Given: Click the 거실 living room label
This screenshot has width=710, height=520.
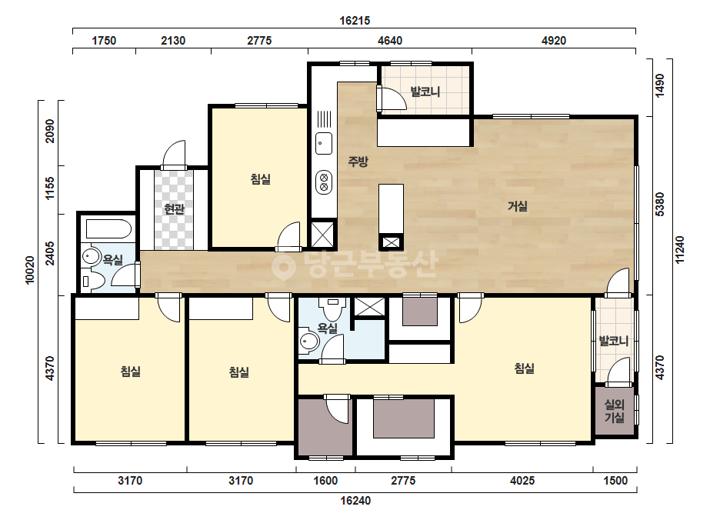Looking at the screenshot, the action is (518, 207).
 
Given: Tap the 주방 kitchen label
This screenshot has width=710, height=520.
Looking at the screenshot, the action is (358, 162).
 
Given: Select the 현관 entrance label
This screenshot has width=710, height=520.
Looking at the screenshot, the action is (175, 208).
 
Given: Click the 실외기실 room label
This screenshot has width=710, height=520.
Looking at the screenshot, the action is (615, 411).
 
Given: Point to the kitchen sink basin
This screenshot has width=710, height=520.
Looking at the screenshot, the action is (324, 143).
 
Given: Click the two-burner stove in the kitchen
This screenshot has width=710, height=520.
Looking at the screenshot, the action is (324, 182).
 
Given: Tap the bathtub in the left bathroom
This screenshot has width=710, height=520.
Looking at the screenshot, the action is (108, 229).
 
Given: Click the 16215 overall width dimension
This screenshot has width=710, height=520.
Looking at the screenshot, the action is (355, 20).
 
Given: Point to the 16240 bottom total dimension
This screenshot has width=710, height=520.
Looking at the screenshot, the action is (355, 501).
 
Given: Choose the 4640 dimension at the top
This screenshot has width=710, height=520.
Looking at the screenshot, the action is (390, 41).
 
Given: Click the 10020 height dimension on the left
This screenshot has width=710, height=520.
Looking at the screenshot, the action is (30, 271).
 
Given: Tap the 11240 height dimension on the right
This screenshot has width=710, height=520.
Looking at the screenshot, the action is (680, 249).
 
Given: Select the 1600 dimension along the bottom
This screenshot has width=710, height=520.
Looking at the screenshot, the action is (325, 481).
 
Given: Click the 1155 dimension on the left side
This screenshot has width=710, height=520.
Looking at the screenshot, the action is (49, 188).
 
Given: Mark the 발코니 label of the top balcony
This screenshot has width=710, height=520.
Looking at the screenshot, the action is (425, 92).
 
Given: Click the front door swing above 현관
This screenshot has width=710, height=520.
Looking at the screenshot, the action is (174, 154).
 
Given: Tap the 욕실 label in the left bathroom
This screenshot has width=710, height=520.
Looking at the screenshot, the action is (113, 259).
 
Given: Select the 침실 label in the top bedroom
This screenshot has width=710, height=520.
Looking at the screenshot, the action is (260, 179).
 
